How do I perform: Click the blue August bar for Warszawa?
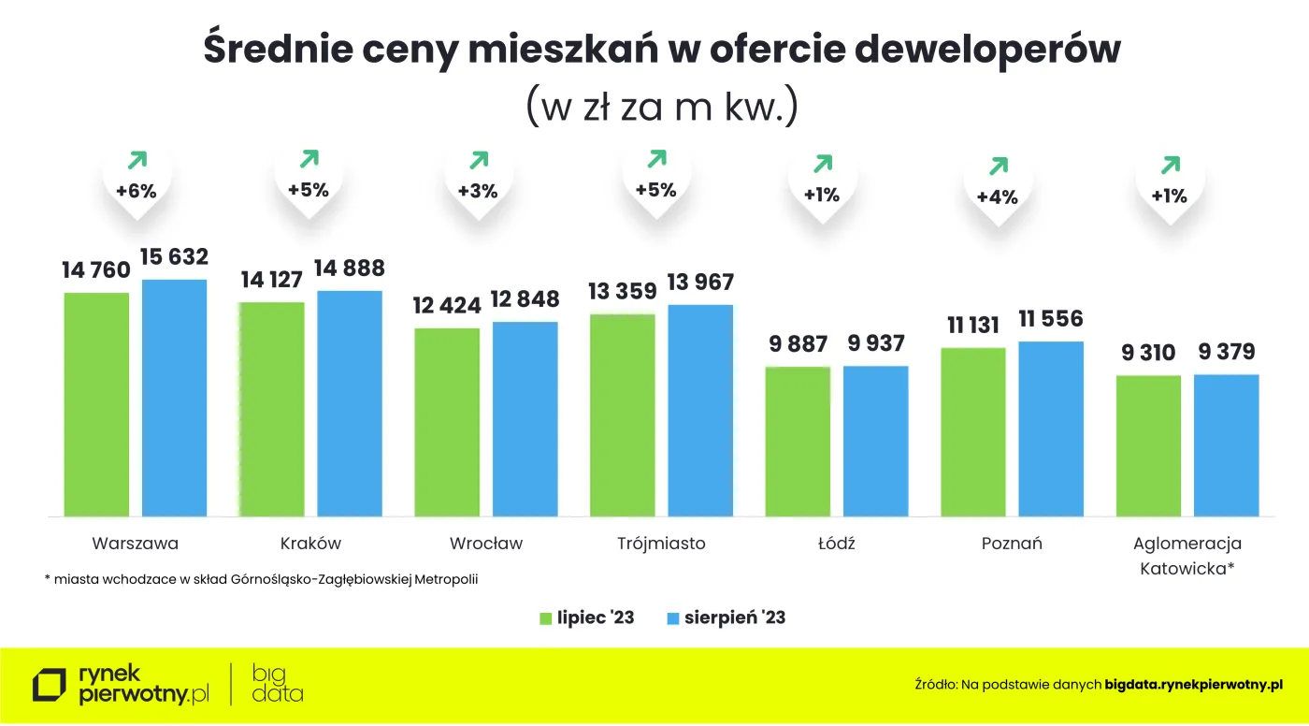[x=174, y=398]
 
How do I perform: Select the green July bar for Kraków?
[x=271, y=409]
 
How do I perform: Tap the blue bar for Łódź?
[x=875, y=441]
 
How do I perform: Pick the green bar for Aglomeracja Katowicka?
[x=1148, y=445]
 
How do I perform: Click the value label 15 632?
[x=174, y=257]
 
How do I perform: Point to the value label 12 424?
[x=447, y=305]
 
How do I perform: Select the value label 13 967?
[x=700, y=282]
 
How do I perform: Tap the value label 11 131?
[x=971, y=325]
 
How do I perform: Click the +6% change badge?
[x=136, y=192]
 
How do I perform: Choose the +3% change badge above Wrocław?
[x=478, y=191]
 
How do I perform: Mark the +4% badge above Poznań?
[x=997, y=197]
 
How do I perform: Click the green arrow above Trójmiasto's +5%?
[x=656, y=159]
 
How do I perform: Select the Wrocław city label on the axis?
[x=485, y=544]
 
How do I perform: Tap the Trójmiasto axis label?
[x=661, y=544]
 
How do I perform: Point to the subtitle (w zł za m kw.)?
[x=661, y=107]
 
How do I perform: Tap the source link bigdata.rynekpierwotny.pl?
[x=1193, y=686]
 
